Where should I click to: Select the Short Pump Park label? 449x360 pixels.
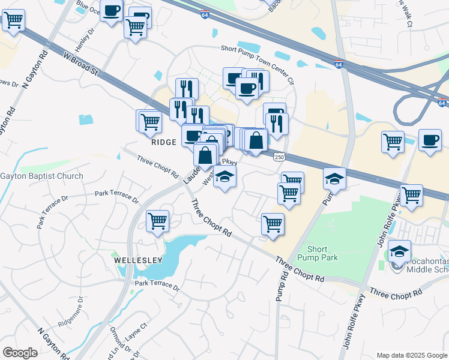click(322, 253)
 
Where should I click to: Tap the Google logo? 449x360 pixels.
click(20, 352)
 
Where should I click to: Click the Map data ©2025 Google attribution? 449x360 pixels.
click(411, 355)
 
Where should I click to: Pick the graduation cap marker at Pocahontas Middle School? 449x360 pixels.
click(399, 251)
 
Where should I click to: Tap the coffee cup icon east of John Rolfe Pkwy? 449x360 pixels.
click(430, 140)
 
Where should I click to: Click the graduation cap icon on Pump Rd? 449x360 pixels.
click(334, 178)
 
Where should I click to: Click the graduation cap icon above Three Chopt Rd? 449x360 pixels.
click(224, 176)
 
